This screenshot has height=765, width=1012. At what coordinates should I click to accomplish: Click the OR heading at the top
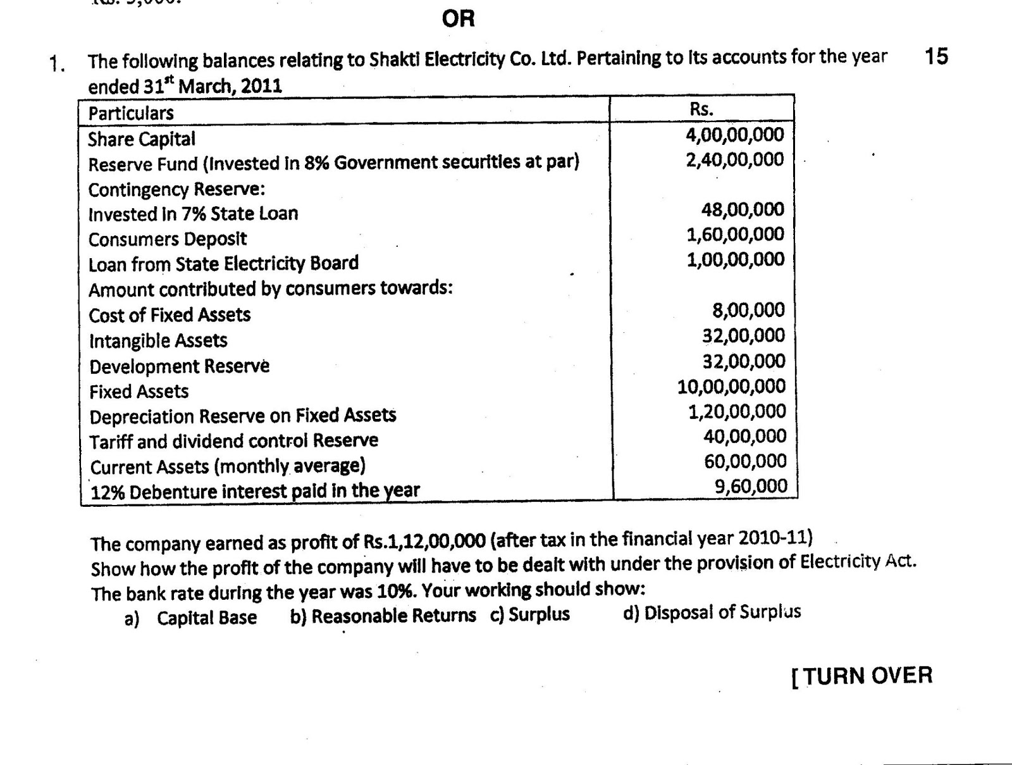tap(458, 19)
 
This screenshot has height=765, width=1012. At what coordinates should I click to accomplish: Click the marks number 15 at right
tap(936, 56)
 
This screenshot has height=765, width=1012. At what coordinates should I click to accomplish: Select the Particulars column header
tap(131, 113)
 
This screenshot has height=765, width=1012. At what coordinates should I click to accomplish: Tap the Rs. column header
tap(701, 109)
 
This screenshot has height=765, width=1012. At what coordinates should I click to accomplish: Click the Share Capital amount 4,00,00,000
tap(734, 134)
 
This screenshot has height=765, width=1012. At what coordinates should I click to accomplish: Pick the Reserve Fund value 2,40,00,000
tap(734, 159)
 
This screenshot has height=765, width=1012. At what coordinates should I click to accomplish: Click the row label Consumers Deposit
tap(168, 239)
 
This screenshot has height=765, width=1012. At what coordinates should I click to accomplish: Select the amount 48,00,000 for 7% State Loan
tap(742, 209)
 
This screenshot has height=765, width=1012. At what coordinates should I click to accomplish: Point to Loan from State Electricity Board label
tap(223, 263)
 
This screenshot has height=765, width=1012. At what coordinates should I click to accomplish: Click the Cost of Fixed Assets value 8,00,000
tap(748, 310)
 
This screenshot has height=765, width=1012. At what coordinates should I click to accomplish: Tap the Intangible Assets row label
tap(158, 341)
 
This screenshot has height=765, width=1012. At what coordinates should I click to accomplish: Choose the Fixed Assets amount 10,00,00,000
tap(731, 387)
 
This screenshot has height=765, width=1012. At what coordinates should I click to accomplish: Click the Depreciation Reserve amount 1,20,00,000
tap(737, 412)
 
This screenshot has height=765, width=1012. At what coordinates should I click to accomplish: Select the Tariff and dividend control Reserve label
tap(234, 440)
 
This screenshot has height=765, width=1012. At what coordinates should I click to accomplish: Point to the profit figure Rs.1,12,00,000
tap(424, 542)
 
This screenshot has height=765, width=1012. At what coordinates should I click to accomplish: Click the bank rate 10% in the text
tap(390, 592)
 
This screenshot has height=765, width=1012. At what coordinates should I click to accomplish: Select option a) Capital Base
tap(191, 618)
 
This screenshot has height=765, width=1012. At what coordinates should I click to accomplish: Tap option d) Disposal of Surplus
tap(712, 613)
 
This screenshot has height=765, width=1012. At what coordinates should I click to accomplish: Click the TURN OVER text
tap(862, 676)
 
